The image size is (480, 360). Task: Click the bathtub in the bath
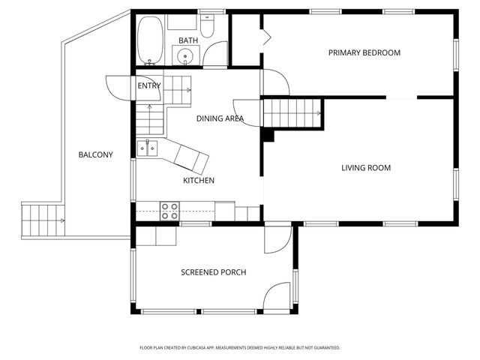click(x=150, y=40)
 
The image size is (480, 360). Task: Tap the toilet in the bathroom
click(x=207, y=26)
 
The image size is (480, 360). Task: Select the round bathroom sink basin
click(x=185, y=56)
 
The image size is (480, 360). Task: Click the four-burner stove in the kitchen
click(x=169, y=211)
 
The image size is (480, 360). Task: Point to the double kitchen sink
click(x=147, y=148)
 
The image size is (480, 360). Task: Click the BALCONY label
click(x=95, y=154)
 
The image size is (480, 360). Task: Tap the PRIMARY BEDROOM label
click(x=364, y=52)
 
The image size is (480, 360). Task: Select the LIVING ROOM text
click(x=366, y=168)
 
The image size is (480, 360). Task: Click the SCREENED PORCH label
click(x=213, y=272)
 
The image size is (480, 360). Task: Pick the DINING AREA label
click(x=220, y=118)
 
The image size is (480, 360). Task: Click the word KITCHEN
click(x=198, y=180)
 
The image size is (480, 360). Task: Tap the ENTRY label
click(x=149, y=85)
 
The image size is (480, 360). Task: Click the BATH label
click(x=188, y=40)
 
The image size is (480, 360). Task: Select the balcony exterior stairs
click(x=43, y=220)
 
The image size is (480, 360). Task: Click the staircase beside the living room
click(x=292, y=113)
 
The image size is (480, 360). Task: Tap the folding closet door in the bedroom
click(x=267, y=37)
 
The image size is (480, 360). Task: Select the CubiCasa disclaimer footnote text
click(x=240, y=348)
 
